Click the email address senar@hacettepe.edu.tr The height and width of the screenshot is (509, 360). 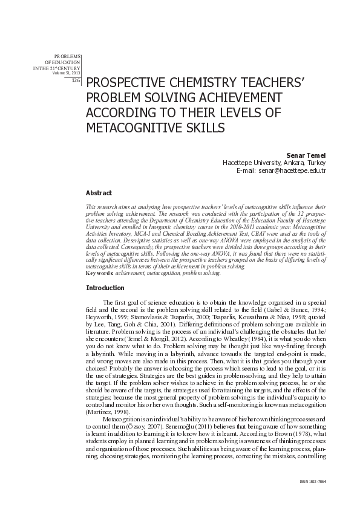coord(292,171)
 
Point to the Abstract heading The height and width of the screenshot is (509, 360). coord(99,193)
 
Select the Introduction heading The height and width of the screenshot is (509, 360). coord(105,288)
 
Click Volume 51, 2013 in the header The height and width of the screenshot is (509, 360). coord(67,73)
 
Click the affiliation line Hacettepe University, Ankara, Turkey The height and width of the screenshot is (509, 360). coord(274,163)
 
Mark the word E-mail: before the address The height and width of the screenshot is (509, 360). coord(246,171)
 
